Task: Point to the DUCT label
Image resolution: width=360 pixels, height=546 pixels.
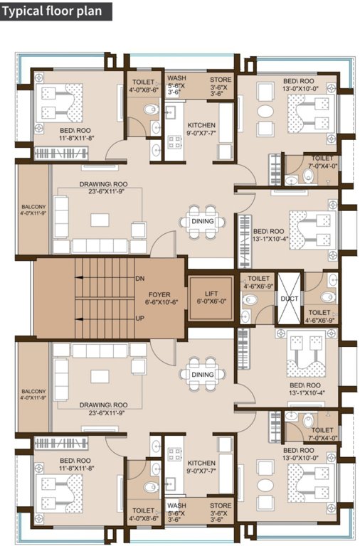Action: (289, 299)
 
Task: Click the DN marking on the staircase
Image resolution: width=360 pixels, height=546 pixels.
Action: (139, 279)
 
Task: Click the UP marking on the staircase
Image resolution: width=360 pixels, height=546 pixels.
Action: (139, 318)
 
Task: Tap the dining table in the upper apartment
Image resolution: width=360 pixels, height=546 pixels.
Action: (202, 221)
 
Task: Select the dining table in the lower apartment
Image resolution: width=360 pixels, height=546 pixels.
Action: (202, 375)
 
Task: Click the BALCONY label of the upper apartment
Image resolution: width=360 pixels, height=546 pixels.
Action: (33, 210)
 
